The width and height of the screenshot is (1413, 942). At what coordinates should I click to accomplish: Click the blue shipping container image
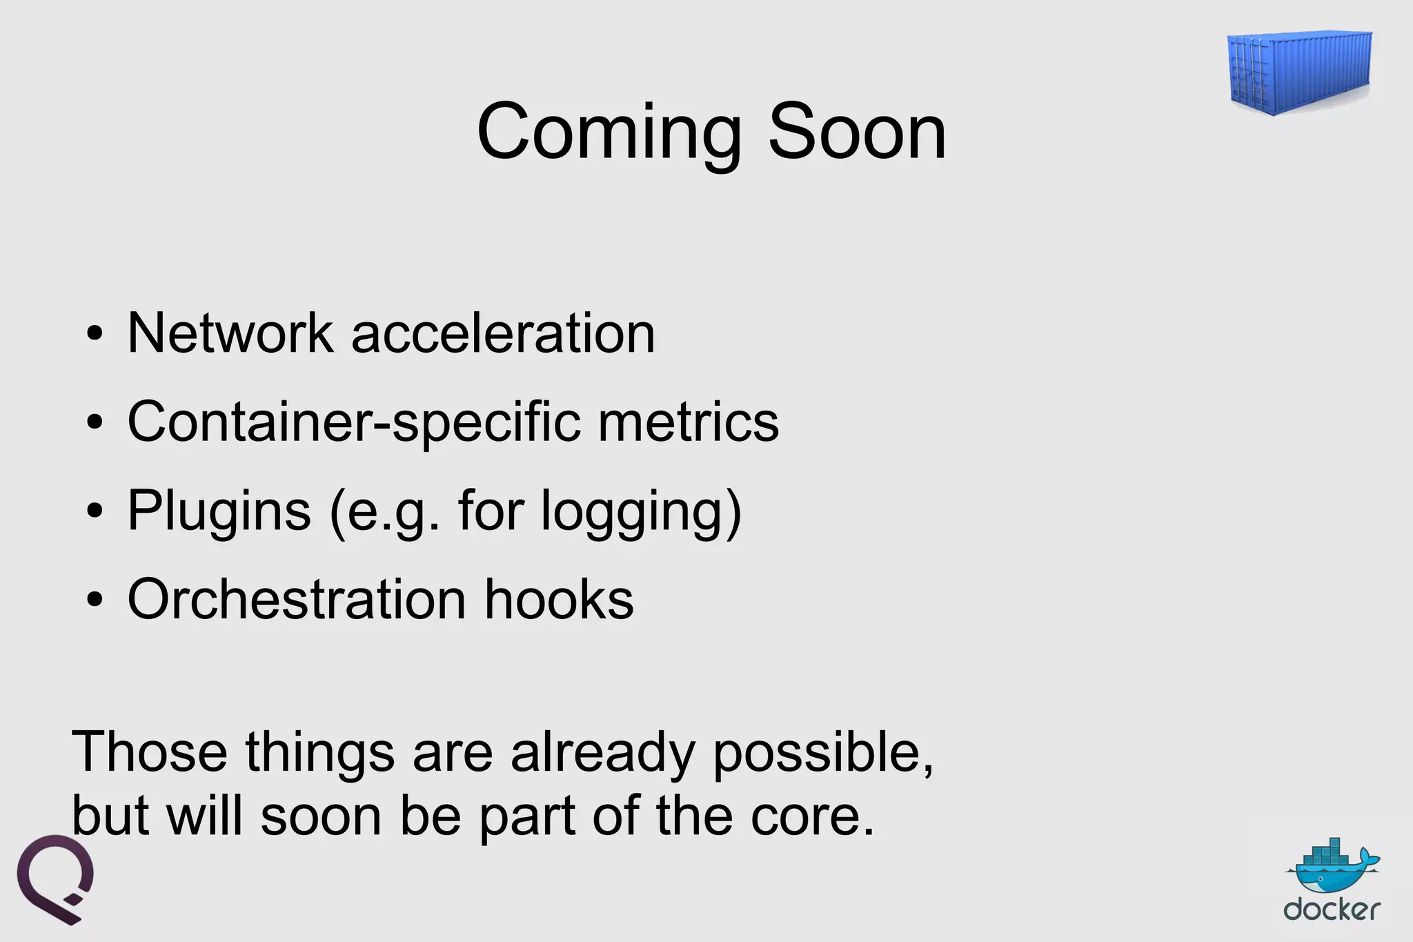[1299, 72]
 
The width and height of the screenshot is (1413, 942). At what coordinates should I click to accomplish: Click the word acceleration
[503, 333]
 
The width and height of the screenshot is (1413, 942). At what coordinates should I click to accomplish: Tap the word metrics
[688, 422]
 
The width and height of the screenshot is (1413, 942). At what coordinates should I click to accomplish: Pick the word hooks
[559, 599]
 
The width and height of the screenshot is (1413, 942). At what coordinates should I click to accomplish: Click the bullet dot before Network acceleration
[95, 335]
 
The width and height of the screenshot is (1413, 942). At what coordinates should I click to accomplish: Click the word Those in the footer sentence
[150, 752]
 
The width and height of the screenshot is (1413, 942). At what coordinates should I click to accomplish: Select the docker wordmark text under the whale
[1332, 910]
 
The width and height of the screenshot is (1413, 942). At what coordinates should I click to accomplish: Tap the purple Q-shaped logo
[55, 878]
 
